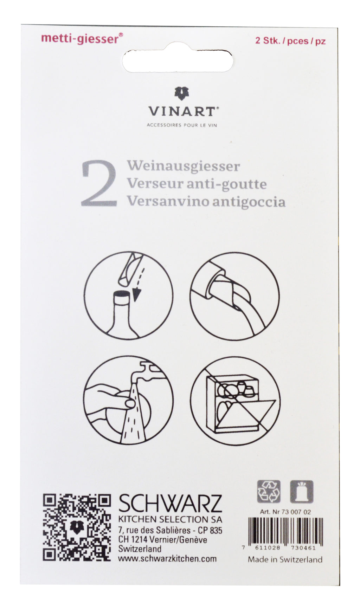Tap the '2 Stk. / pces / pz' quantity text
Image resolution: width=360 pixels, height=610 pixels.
290,41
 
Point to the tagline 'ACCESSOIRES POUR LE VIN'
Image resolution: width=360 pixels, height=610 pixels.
182,125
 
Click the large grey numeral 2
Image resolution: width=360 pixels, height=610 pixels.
99,184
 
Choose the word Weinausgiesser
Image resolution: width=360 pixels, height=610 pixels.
184,166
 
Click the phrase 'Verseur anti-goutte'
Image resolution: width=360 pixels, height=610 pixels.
197,183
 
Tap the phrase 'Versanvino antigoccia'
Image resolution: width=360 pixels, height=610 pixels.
206,201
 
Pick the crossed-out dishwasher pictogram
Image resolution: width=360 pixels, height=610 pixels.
235,401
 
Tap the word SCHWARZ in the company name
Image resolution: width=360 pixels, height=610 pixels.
170,504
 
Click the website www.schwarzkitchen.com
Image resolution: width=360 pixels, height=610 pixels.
167,558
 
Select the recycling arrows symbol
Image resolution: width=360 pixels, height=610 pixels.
269,491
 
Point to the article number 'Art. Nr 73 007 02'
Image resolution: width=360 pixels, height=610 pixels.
285,512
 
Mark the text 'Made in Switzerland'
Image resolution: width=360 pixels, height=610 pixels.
285,559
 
